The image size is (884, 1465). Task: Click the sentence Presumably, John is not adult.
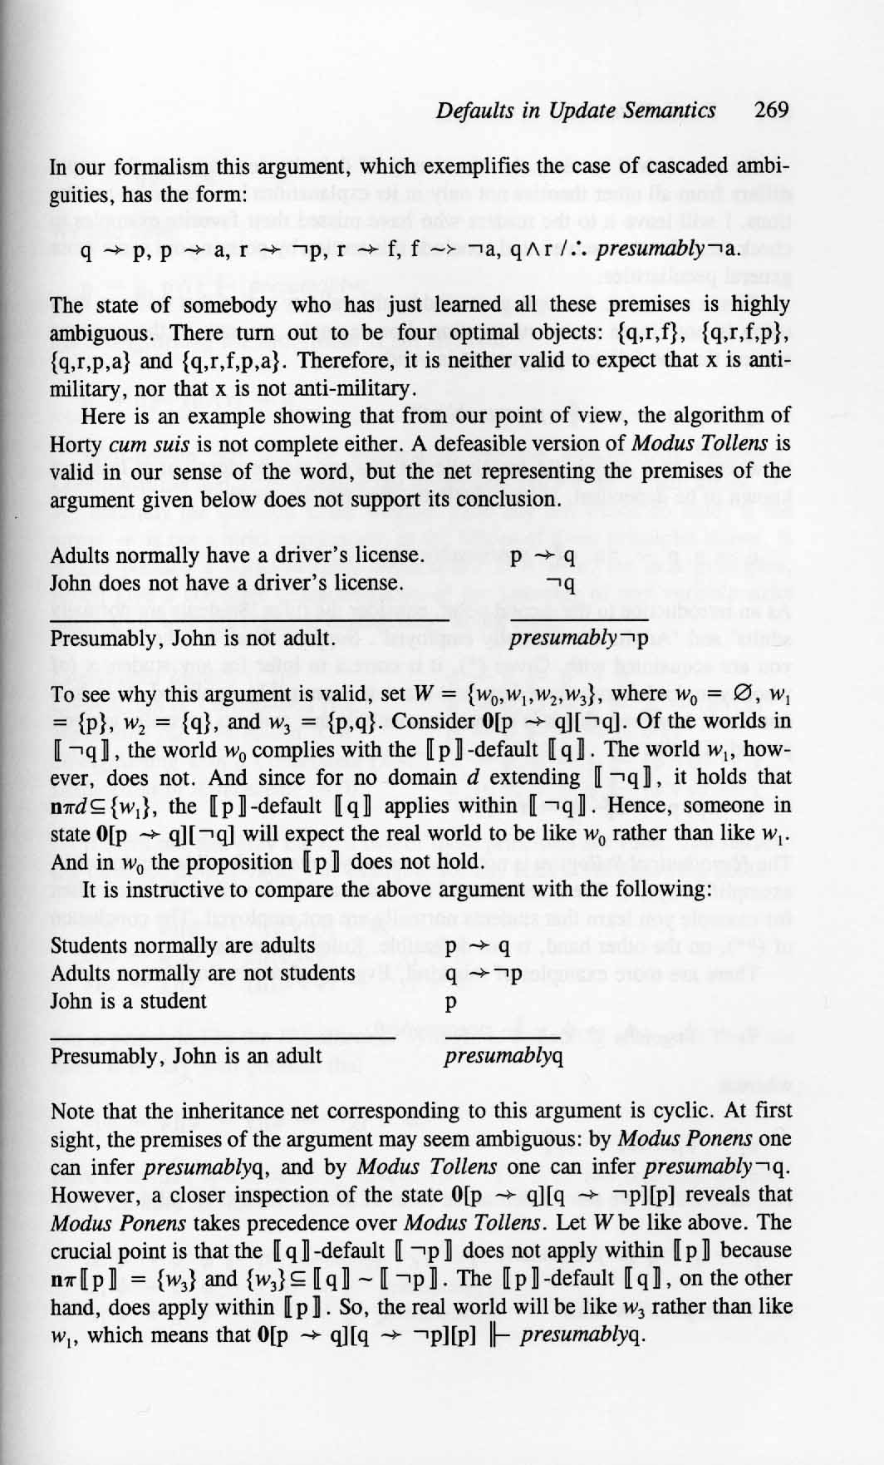181,639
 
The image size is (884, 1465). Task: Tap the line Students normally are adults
183,945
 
